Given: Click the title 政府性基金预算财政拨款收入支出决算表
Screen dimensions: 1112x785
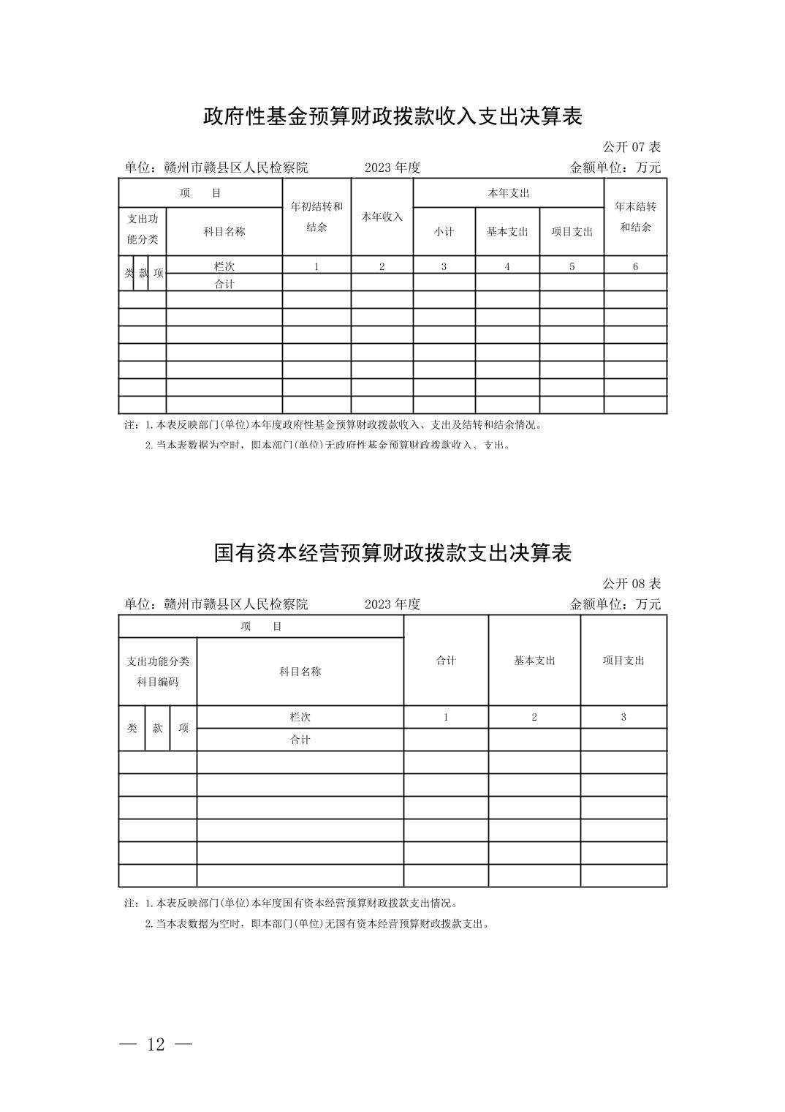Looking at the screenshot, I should click(392, 116).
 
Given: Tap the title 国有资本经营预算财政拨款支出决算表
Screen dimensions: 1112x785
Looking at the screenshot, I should click(392, 552).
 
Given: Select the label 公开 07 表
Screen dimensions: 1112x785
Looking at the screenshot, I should click(632, 147).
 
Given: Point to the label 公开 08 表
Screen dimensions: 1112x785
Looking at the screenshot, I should click(632, 584).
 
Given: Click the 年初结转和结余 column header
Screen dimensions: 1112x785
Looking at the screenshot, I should click(316, 217).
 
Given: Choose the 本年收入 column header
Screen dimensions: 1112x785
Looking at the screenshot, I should click(382, 217).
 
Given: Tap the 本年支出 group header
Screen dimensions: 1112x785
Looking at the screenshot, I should click(509, 193).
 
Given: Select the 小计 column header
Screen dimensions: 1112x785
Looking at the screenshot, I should click(444, 231).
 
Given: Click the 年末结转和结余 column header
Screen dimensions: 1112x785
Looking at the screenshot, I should click(635, 217).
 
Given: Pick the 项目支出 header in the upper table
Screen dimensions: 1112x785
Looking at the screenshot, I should click(572, 231).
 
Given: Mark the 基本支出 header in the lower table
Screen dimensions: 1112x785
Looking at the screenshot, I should click(534, 660).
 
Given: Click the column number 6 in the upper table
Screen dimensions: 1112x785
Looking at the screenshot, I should click(635, 266).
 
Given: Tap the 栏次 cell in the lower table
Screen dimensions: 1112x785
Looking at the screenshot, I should click(300, 717).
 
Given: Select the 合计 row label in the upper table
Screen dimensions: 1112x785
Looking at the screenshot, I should click(224, 284).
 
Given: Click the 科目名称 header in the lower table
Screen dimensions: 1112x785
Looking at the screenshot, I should click(300, 672).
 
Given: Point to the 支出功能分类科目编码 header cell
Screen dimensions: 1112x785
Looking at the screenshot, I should click(158, 672).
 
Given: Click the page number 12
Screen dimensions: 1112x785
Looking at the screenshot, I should click(156, 1045).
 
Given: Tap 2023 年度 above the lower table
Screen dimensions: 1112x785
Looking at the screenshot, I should click(392, 604).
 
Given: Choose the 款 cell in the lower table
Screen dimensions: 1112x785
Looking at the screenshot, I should click(157, 728).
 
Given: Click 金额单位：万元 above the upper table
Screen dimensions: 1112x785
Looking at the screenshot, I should click(615, 168).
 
